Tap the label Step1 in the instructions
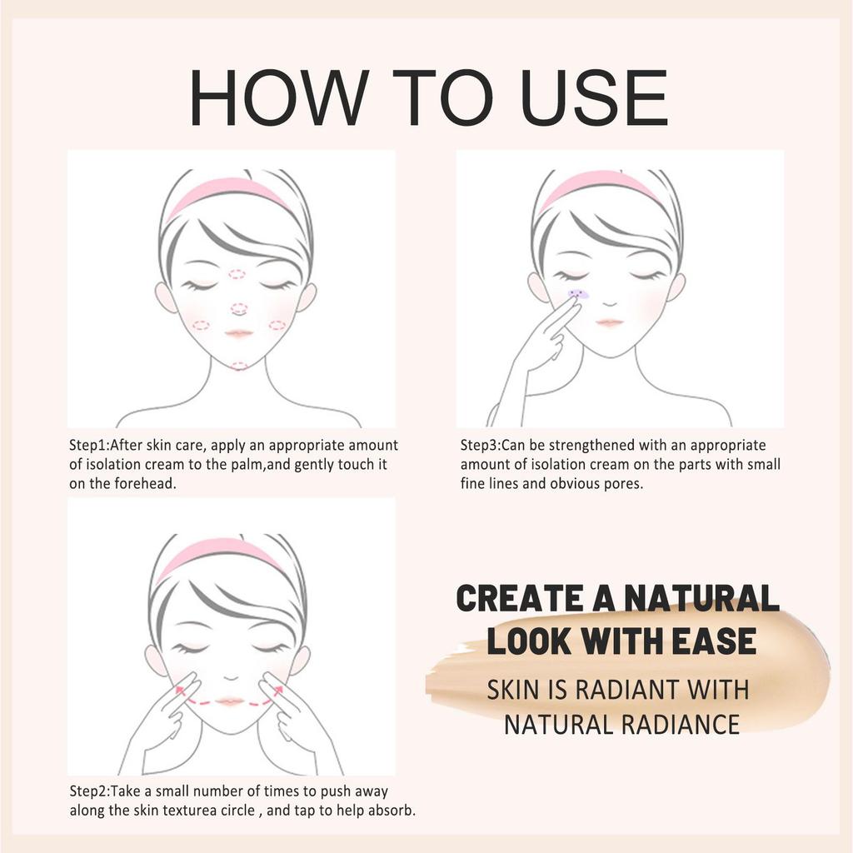click(88, 446)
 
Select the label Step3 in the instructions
click(480, 446)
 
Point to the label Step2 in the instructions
click(88, 791)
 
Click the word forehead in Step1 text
click(148, 484)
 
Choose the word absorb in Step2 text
click(389, 810)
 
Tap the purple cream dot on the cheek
click(577, 294)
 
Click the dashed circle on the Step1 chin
click(239, 366)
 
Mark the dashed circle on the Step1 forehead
click(237, 274)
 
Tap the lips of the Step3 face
click(609, 322)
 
